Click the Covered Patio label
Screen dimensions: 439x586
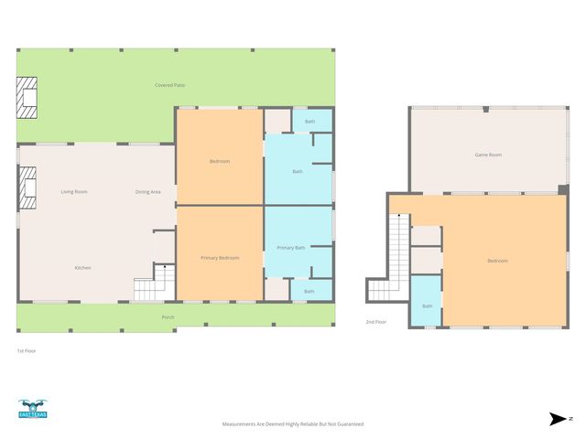click(165, 85)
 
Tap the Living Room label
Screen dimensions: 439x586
click(74, 191)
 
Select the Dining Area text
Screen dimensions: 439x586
click(148, 191)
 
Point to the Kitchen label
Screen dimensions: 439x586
click(82, 267)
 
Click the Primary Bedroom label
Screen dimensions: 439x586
click(220, 258)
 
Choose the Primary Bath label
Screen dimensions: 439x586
click(291, 247)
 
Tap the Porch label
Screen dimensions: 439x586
click(168, 316)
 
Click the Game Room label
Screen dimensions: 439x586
click(487, 155)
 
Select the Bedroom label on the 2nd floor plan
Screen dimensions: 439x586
click(497, 261)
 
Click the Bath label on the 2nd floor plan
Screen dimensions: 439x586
click(427, 305)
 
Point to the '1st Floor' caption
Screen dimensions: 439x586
click(27, 350)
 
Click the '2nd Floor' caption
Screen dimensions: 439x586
click(375, 322)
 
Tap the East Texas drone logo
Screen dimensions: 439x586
click(33, 410)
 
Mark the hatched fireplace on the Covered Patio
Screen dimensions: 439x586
click(27, 99)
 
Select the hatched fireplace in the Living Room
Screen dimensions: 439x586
click(27, 187)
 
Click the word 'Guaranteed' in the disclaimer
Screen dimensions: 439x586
click(346, 424)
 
